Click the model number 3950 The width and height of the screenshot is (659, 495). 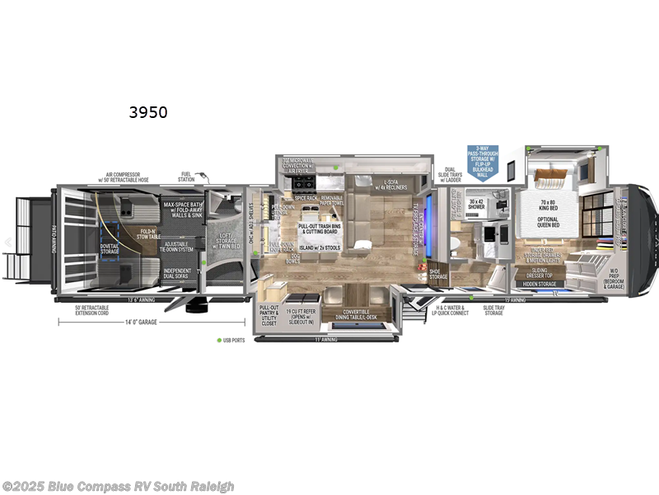coord(147,112)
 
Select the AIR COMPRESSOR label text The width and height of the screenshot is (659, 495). coord(124,176)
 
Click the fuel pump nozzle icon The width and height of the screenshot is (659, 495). coord(206,179)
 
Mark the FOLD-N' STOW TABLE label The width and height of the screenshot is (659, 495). coord(148,233)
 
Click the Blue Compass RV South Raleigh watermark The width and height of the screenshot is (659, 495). coord(119,487)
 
